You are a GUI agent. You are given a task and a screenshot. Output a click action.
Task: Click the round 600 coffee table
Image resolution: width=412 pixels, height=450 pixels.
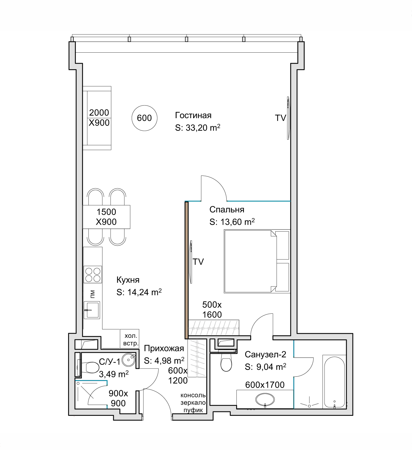(144, 118)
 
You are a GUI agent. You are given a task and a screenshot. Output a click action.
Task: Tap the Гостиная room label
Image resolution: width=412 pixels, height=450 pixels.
(193, 115)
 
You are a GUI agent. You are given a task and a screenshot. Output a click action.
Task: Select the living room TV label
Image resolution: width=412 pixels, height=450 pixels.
(280, 118)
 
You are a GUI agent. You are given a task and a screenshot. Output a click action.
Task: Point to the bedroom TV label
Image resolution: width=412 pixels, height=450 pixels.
(198, 262)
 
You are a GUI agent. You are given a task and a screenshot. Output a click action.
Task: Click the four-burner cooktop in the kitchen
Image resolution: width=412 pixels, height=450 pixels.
(93, 274)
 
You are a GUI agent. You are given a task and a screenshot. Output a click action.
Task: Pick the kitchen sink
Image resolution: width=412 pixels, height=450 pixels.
(92, 310)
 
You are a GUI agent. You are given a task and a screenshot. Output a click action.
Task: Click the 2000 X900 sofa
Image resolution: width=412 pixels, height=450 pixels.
(97, 118)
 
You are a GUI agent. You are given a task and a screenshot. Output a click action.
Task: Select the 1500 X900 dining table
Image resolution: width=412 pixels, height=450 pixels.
(106, 217)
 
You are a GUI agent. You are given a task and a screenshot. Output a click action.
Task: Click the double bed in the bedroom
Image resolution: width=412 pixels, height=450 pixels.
(257, 261)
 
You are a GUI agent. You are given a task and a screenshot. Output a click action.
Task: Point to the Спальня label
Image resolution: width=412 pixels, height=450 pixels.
(227, 210)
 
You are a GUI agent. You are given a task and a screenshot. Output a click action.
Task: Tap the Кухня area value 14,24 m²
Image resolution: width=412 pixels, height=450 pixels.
(145, 292)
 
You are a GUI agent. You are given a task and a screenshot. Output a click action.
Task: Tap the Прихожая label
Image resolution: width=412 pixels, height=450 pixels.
(164, 348)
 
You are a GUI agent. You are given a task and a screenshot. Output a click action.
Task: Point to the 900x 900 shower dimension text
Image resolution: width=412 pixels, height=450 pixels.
(118, 398)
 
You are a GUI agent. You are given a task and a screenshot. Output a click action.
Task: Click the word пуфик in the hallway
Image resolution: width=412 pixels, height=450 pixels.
(193, 410)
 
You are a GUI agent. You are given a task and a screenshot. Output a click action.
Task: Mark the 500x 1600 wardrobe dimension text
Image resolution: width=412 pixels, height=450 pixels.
(212, 310)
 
